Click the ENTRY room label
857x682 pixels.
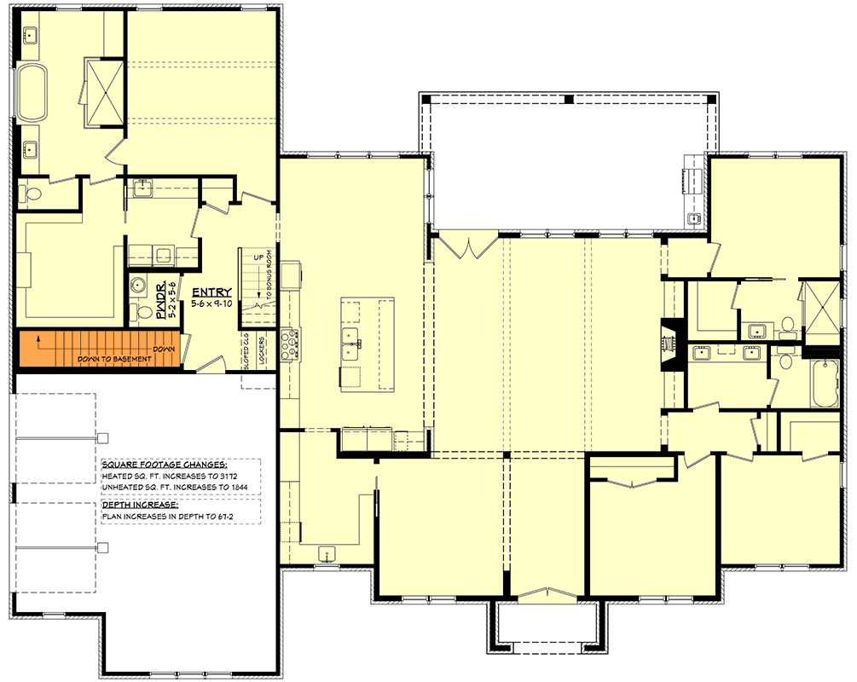tap(212, 292)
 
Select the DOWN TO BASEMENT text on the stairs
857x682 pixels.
tap(114, 359)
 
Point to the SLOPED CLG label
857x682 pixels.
tap(246, 350)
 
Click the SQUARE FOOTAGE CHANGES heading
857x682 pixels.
tap(163, 464)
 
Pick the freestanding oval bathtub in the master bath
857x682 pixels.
tap(33, 92)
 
